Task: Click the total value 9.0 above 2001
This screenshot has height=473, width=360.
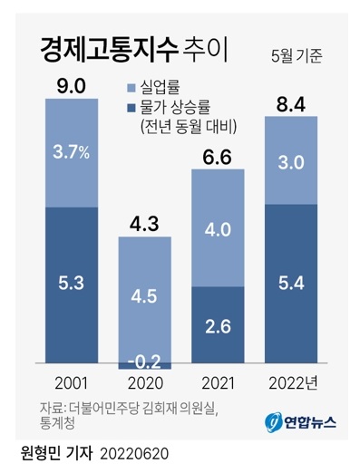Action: point(71,86)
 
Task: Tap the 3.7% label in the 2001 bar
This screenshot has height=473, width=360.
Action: point(71,152)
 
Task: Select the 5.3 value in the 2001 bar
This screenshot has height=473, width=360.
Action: point(71,284)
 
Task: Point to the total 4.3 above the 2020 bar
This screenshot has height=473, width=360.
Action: point(144,223)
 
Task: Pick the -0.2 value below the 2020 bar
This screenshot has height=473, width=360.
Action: point(144,362)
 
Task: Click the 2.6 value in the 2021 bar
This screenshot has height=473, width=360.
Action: point(218,323)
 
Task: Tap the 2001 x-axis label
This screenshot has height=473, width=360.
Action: point(71,384)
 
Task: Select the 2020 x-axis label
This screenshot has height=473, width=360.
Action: point(144,384)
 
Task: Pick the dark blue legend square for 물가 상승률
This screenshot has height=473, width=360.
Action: point(131,107)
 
